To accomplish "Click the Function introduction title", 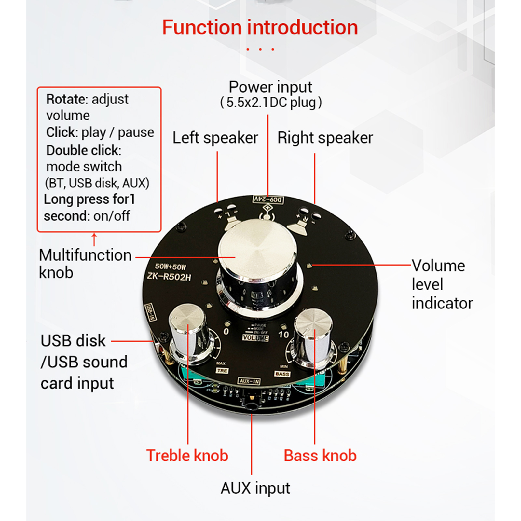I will click(x=260, y=27).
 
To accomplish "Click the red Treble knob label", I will click(x=187, y=455).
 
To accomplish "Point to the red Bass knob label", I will click(x=320, y=455).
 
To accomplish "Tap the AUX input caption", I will click(x=255, y=488).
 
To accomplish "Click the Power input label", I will click(x=270, y=87).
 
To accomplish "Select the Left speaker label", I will click(x=215, y=138).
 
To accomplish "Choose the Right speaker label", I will click(x=325, y=138).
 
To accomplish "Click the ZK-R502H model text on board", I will click(x=169, y=277).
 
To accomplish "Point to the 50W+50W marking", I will click(x=170, y=267).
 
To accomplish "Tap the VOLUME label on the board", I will click(x=255, y=338).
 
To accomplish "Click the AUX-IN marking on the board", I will click(x=249, y=381).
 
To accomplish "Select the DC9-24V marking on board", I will click(x=268, y=199).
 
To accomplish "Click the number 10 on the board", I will click(x=283, y=334).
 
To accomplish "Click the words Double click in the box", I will click(x=83, y=150).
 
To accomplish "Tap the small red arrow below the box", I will click(x=94, y=239).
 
